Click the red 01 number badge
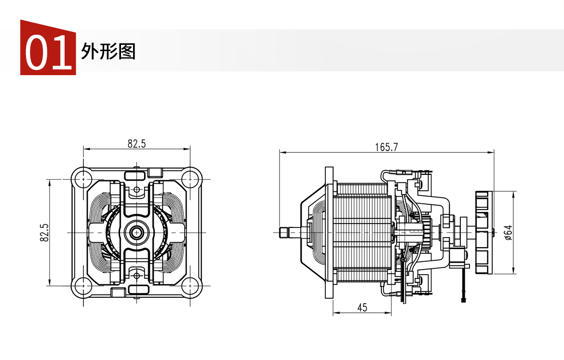(x=48, y=48)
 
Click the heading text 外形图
(x=108, y=52)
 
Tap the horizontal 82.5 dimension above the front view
(x=137, y=144)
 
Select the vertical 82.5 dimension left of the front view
(x=44, y=232)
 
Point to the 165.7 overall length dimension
(x=387, y=147)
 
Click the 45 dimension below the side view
(x=362, y=307)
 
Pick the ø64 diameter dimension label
(x=508, y=233)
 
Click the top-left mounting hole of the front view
(x=83, y=179)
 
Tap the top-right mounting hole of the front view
(x=190, y=179)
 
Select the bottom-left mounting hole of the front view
(x=83, y=286)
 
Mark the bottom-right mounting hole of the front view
(x=190, y=286)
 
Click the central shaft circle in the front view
(x=137, y=233)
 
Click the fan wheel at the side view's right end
(x=483, y=232)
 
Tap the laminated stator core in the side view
(x=362, y=232)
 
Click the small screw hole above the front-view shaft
(x=137, y=189)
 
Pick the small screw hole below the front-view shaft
(x=137, y=276)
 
